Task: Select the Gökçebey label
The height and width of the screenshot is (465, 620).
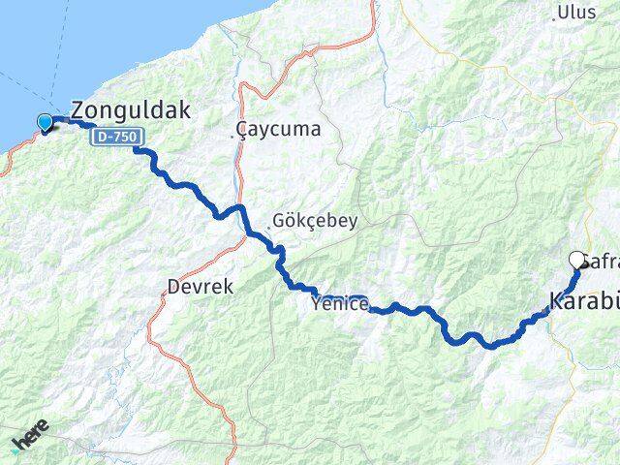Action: pyautogui.click(x=316, y=220)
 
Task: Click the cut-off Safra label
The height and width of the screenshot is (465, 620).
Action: pyautogui.click(x=601, y=261)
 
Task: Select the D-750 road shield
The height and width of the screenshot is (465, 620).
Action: pyautogui.click(x=115, y=138)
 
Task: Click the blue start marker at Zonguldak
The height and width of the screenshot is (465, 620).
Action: pyautogui.click(x=45, y=122)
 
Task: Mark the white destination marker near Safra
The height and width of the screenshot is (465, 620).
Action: pyautogui.click(x=578, y=260)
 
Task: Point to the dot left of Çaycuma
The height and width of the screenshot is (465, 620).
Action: pyautogui.click(x=236, y=137)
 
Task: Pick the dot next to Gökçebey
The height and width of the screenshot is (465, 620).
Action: pyautogui.click(x=270, y=227)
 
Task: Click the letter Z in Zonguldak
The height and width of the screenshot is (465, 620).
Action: pyautogui.click(x=80, y=109)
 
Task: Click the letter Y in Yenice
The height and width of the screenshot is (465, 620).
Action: pyautogui.click(x=317, y=304)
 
